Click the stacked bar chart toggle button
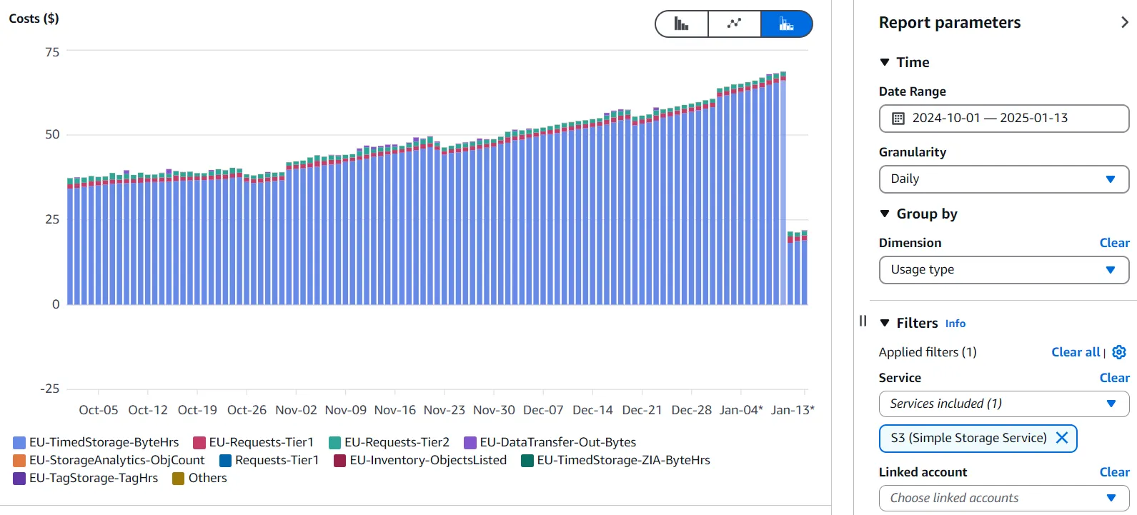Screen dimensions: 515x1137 tap(786, 24)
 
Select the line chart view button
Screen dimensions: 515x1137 tap(734, 24)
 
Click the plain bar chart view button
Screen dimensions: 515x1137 tap(682, 24)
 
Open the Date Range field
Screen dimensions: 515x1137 tap(1003, 119)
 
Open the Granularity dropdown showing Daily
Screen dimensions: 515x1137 tap(1003, 179)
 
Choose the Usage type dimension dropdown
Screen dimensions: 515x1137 tap(1003, 270)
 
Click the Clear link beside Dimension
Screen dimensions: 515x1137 tap(1113, 243)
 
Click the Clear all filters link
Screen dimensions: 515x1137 tap(1075, 352)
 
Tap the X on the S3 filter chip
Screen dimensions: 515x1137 tap(1062, 438)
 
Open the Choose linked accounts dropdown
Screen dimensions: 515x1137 tap(1003, 498)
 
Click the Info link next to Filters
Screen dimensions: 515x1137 tap(955, 324)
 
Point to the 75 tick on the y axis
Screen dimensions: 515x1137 tap(52, 52)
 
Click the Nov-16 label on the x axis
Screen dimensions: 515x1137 tap(394, 410)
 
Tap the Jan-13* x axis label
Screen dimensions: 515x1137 tap(792, 410)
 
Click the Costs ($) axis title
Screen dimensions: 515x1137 tap(34, 19)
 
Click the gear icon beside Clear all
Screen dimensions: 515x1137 tap(1119, 352)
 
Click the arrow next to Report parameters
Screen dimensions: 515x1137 tap(1124, 23)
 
